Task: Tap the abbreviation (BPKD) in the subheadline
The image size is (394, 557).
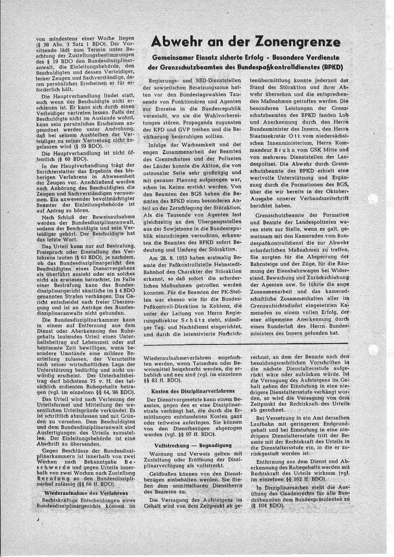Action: tap(330, 67)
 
